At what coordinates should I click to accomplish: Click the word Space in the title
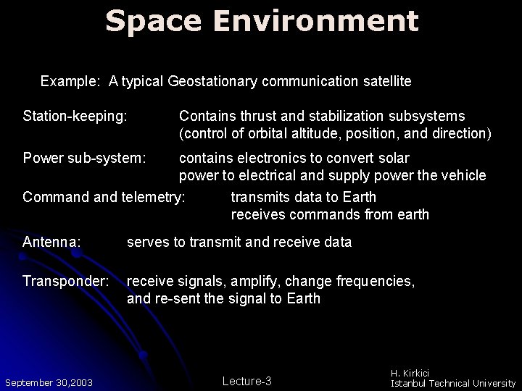[x=152, y=21]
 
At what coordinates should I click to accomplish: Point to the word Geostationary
[x=212, y=82]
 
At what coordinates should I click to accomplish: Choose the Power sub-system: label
[x=84, y=158]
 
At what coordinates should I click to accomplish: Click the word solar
[x=394, y=158]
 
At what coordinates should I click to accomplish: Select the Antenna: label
[x=51, y=243]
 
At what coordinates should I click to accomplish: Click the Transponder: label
[x=66, y=281]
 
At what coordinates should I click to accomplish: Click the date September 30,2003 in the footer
[x=49, y=382]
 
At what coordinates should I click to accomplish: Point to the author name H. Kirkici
[x=410, y=373]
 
